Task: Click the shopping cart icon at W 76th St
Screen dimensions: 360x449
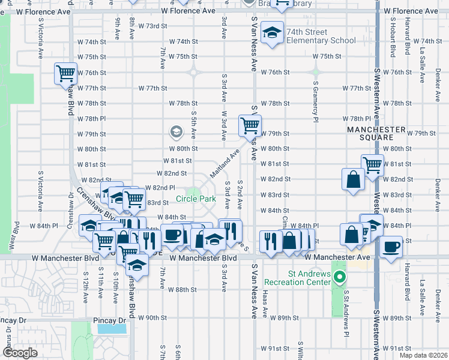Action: (x=65, y=74)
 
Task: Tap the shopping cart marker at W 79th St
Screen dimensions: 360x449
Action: (x=249, y=126)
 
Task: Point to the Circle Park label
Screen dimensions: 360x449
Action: (x=196, y=199)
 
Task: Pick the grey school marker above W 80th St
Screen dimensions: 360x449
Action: (x=176, y=131)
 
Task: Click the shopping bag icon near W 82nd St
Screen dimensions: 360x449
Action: (x=352, y=178)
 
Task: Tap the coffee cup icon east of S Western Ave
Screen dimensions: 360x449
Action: (x=391, y=247)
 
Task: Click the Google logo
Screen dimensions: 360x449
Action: (x=20, y=353)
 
